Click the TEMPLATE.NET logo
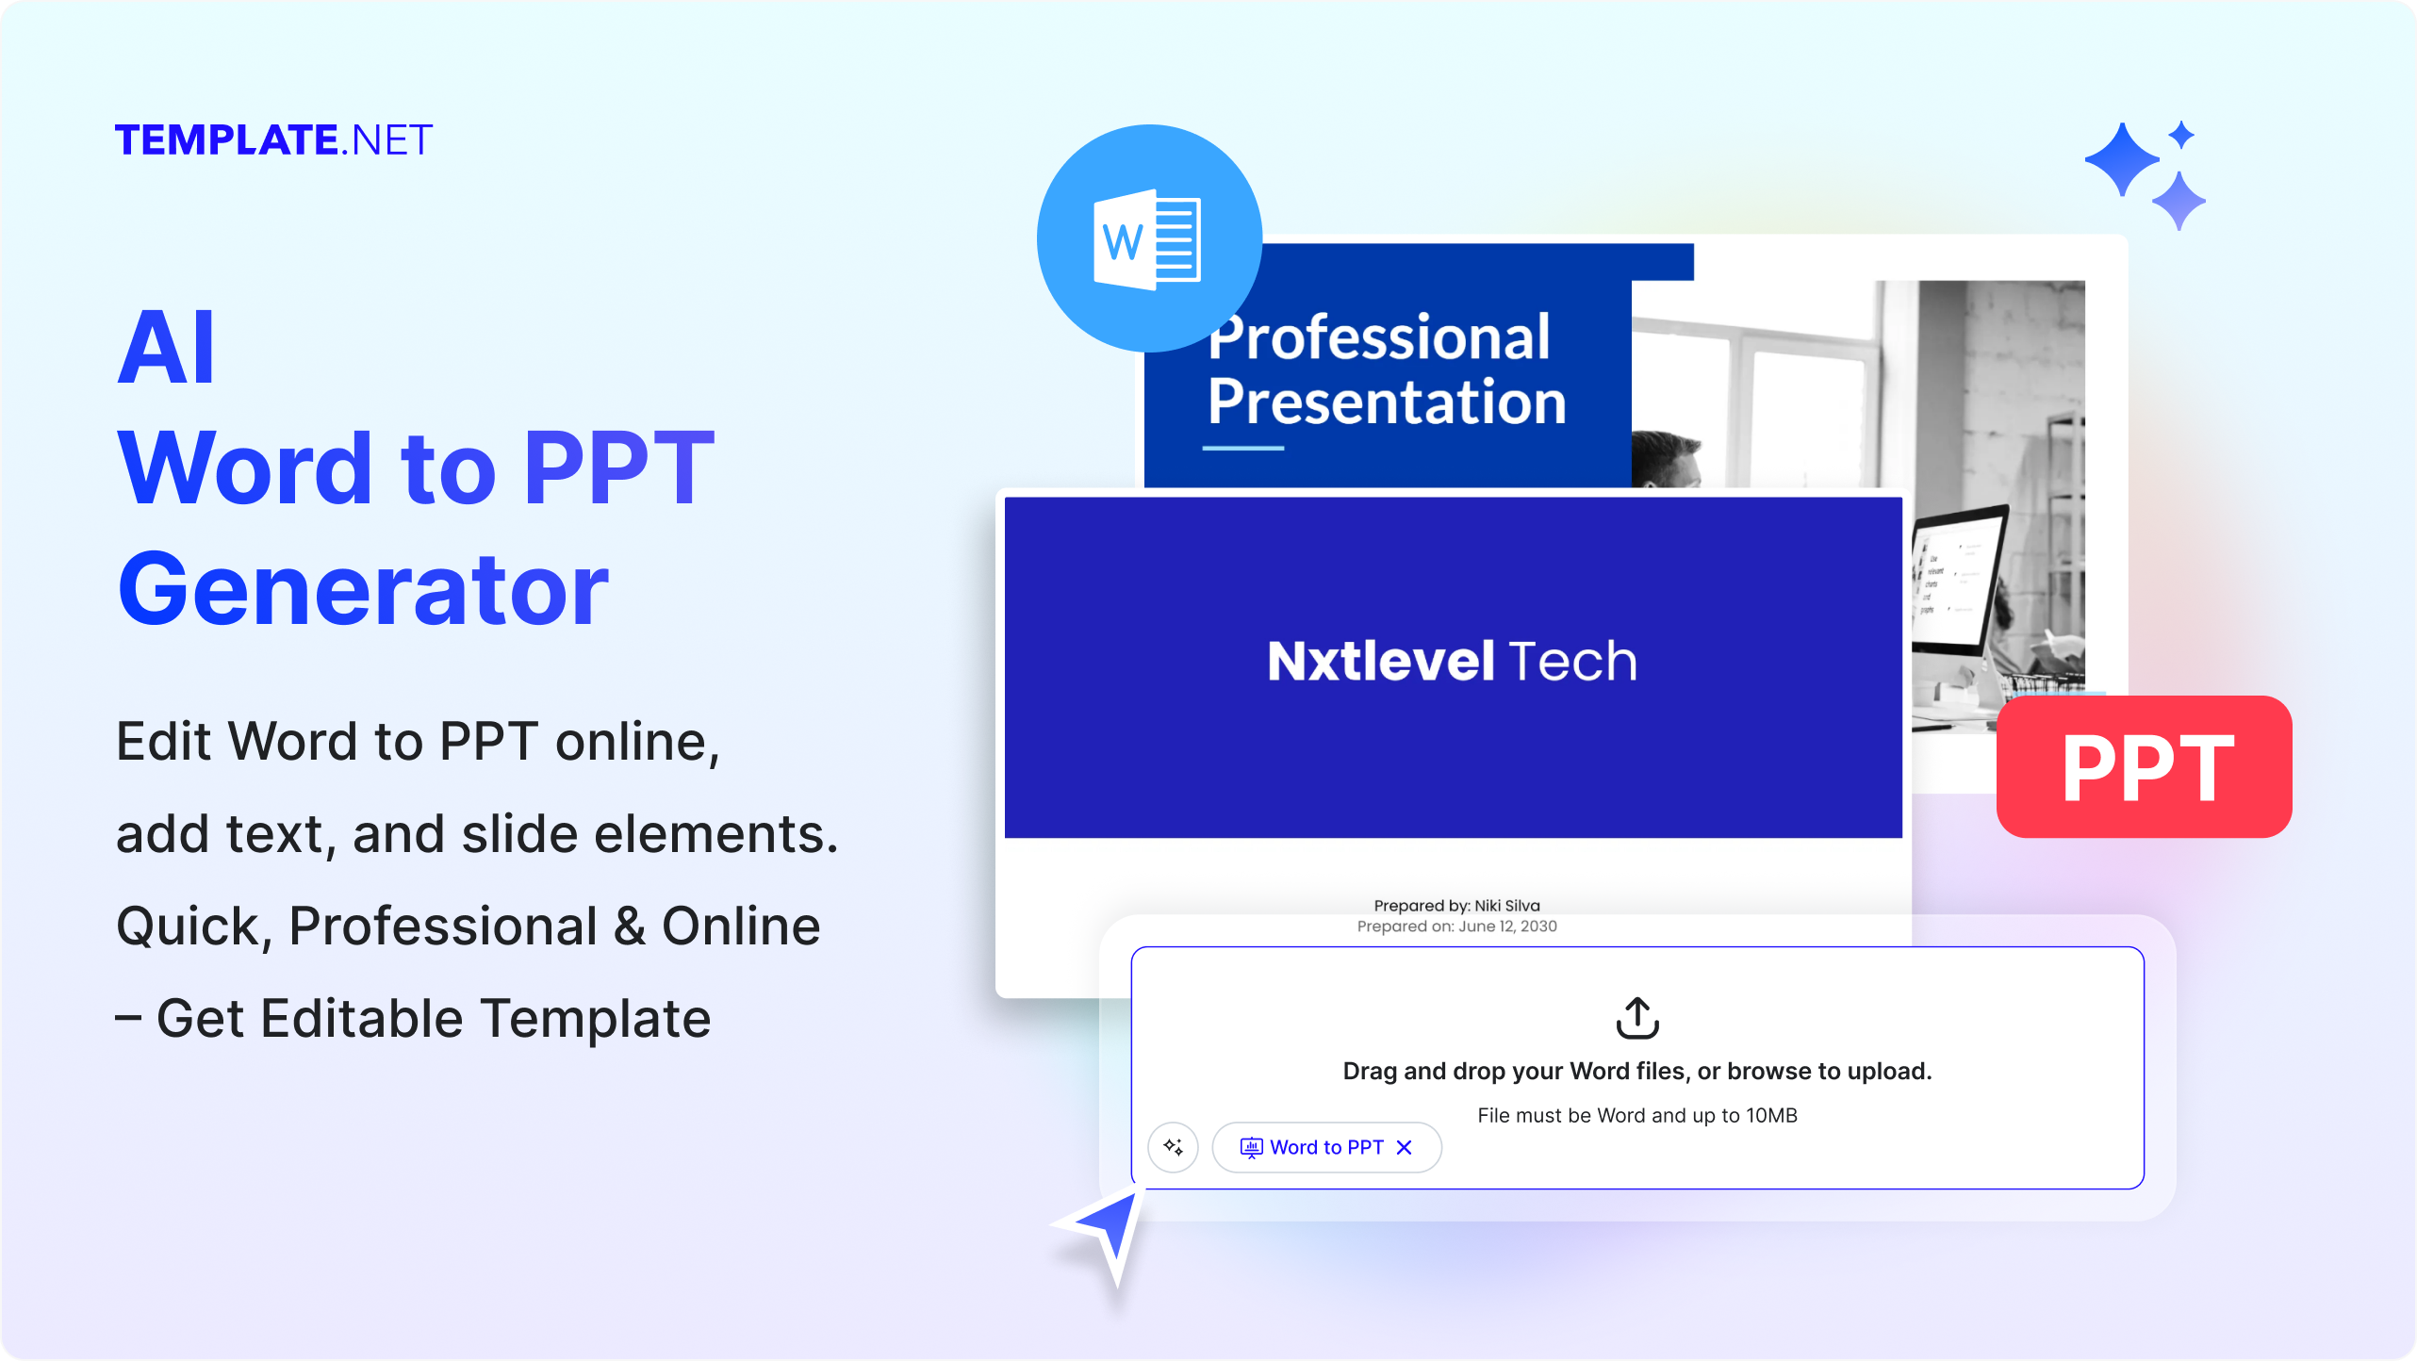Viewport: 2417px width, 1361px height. [273, 140]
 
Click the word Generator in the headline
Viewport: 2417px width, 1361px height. [363, 590]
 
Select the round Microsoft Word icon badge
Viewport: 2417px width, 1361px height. [1148, 238]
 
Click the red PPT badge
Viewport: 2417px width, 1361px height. [2144, 767]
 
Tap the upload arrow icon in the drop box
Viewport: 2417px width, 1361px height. [1636, 1018]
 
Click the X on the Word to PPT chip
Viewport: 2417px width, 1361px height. [1404, 1147]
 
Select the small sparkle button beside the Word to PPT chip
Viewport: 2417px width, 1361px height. [1173, 1147]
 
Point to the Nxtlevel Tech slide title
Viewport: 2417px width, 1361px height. [1452, 661]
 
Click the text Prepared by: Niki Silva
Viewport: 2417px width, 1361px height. [1456, 906]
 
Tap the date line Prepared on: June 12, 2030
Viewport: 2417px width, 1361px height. [1456, 926]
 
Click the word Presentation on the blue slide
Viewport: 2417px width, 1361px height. [1386, 402]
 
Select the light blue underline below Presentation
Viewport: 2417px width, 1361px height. [1242, 448]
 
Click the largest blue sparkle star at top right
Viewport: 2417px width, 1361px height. [2121, 159]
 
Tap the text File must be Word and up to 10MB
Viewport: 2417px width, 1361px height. [1636, 1115]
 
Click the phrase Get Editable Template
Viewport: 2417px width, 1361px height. [434, 1019]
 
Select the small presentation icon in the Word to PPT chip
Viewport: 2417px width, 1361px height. [1250, 1147]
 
